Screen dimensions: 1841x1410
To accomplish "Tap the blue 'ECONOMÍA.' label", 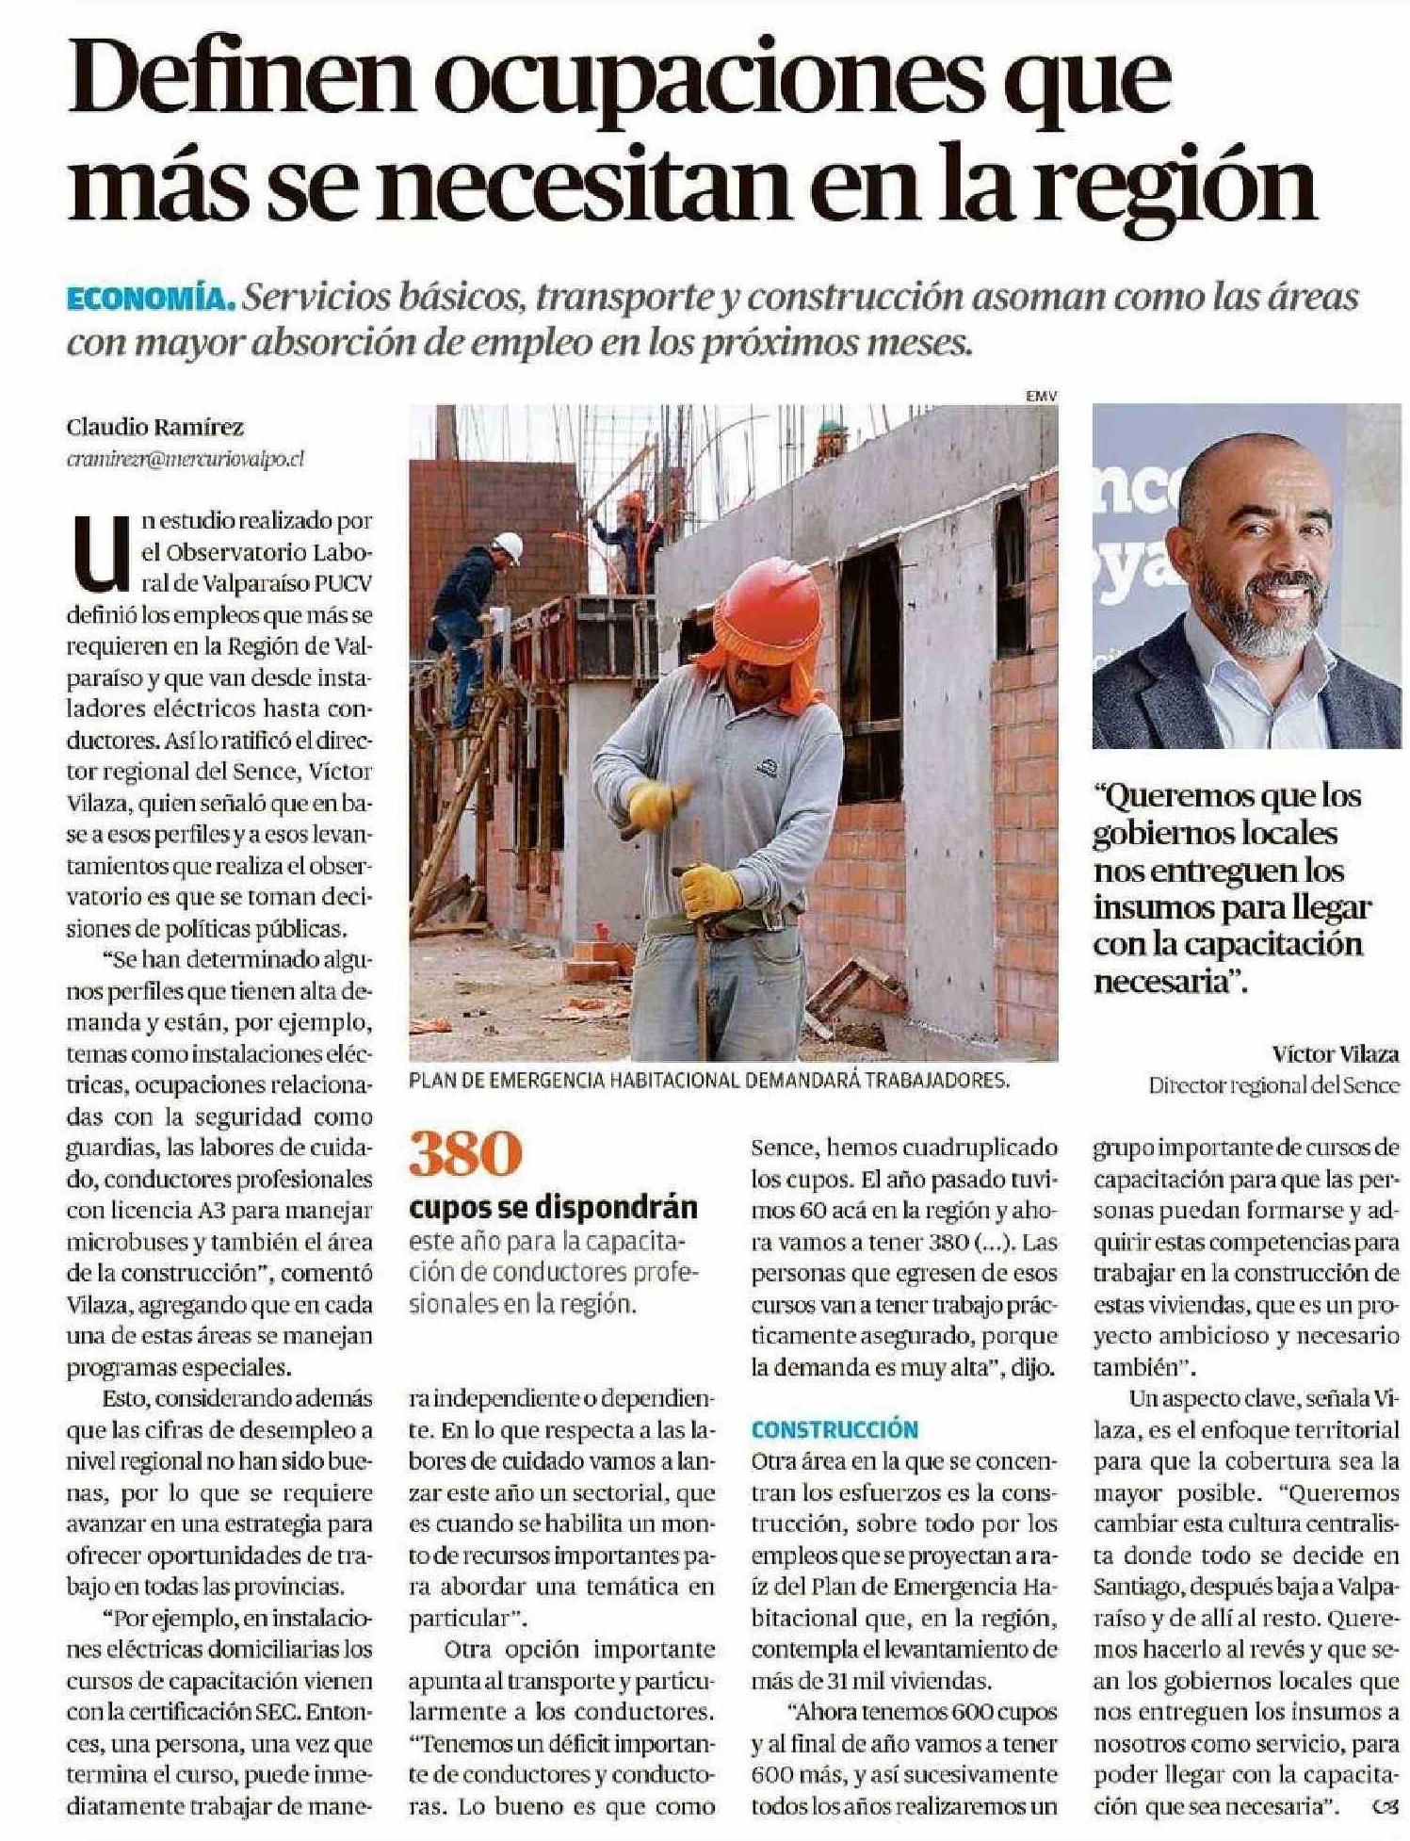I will [x=150, y=298].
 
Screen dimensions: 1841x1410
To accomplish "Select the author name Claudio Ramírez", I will [x=154, y=427].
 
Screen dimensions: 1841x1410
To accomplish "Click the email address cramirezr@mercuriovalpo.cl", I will [x=186, y=459].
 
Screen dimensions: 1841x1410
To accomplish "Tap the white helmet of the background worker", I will [x=509, y=546].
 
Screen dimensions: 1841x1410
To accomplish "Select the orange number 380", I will [x=465, y=1155].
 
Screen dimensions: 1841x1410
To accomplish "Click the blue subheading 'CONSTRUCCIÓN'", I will [x=835, y=1429].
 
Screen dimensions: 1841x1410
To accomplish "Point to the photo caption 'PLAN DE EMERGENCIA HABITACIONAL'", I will [x=708, y=1082].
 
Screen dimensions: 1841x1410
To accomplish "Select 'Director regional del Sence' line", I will [x=1273, y=1085].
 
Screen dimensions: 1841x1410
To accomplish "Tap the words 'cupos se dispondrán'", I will [x=554, y=1207].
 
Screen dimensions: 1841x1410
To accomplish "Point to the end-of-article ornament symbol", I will [x=1378, y=1806].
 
